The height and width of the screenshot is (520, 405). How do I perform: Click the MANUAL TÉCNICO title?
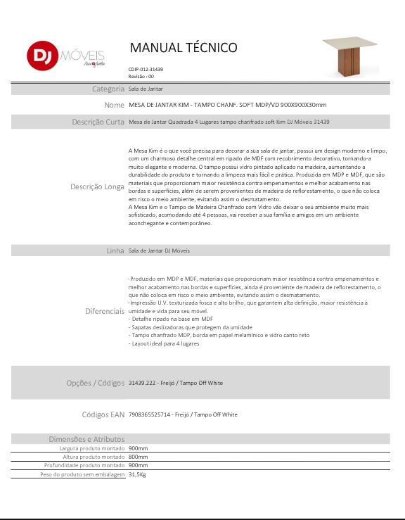pos(184,48)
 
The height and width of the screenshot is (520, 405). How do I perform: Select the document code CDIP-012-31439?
pos(146,69)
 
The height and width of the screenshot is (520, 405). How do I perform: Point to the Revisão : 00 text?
pos(141,76)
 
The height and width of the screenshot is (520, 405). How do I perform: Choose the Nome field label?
pos(114,105)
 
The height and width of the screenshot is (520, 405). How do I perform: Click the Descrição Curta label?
pos(98,122)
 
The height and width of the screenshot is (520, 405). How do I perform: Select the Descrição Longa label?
pos(97,187)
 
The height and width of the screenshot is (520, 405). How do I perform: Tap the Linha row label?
pos(115,251)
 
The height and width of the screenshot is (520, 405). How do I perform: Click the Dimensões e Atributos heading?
pos(86,439)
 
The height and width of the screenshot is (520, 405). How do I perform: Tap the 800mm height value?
pos(138,457)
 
